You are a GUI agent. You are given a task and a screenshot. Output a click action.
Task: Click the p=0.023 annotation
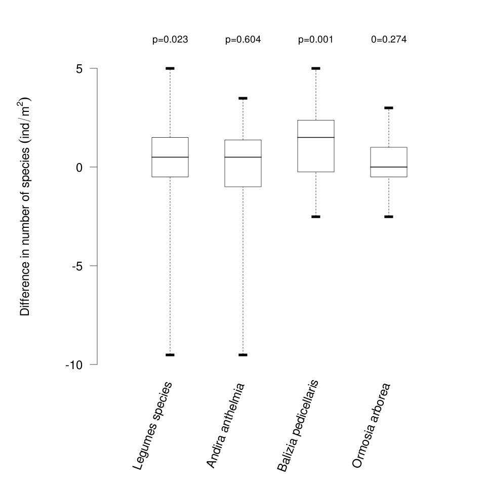[x=170, y=39]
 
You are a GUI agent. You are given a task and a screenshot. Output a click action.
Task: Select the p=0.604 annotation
[x=243, y=39]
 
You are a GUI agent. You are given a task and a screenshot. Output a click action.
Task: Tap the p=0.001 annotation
[x=316, y=39]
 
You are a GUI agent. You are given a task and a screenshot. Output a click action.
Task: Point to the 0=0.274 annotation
[x=389, y=39]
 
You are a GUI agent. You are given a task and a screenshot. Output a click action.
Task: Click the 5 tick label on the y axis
[x=79, y=68]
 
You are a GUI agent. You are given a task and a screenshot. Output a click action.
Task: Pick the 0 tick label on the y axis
[x=79, y=167]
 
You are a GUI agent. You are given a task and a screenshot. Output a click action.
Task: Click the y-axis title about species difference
[x=25, y=206]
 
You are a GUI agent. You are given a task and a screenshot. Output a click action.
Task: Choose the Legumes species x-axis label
[x=153, y=425]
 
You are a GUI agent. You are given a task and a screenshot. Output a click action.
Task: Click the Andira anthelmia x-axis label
[x=226, y=425]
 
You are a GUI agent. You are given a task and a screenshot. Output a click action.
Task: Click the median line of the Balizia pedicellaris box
[x=316, y=137]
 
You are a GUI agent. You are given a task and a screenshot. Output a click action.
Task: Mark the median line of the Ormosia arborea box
[x=389, y=167]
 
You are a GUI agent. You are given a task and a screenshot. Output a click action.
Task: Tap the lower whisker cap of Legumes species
[x=170, y=355]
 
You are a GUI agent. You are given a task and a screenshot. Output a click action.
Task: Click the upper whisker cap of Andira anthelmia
[x=243, y=98]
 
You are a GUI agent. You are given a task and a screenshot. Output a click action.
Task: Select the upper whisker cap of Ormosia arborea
[x=389, y=108]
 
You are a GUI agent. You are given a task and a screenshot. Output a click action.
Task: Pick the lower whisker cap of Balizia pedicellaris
[x=316, y=217]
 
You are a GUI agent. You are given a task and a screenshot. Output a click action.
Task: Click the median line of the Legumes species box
[x=170, y=157]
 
